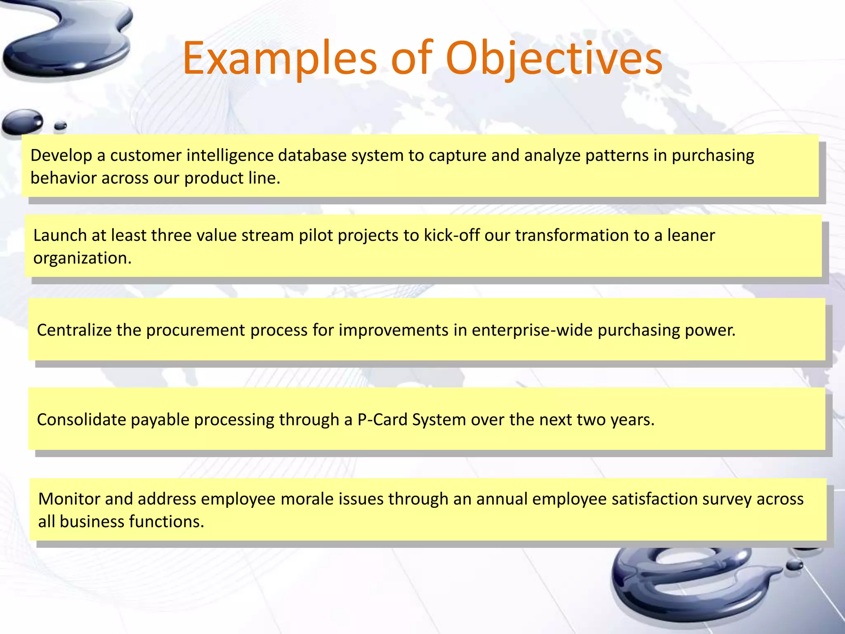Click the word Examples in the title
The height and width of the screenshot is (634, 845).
point(279,59)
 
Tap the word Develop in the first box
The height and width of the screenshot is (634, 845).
point(61,156)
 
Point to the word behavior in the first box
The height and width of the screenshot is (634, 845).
point(63,178)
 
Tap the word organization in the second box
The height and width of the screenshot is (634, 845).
point(82,259)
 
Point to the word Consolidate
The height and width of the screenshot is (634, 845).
point(81,420)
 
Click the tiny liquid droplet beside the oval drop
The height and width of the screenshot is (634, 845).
point(61,125)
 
